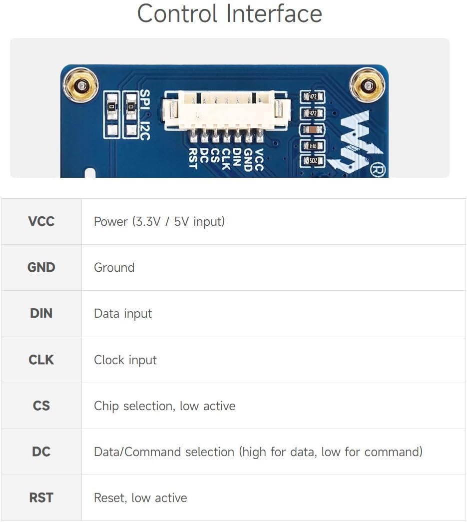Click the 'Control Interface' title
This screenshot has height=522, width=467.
229,13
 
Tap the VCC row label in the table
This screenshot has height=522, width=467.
41,221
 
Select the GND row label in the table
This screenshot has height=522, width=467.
41,267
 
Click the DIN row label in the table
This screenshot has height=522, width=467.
41,313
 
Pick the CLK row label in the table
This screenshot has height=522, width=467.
41,360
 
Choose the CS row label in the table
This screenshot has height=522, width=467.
41,406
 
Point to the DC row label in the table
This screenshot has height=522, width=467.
41,452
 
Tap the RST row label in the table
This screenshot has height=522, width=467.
41,498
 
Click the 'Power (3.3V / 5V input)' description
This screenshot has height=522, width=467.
159,221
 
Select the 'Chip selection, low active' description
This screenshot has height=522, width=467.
164,406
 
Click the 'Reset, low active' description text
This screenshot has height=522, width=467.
140,498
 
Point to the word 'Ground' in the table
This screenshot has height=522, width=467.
114,267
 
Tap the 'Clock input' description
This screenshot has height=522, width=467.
125,360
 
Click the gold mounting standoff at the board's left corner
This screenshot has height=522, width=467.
81,85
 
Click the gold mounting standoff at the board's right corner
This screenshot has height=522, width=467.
368,85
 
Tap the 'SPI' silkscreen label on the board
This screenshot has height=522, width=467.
145,99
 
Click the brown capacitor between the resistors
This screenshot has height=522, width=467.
312,129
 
